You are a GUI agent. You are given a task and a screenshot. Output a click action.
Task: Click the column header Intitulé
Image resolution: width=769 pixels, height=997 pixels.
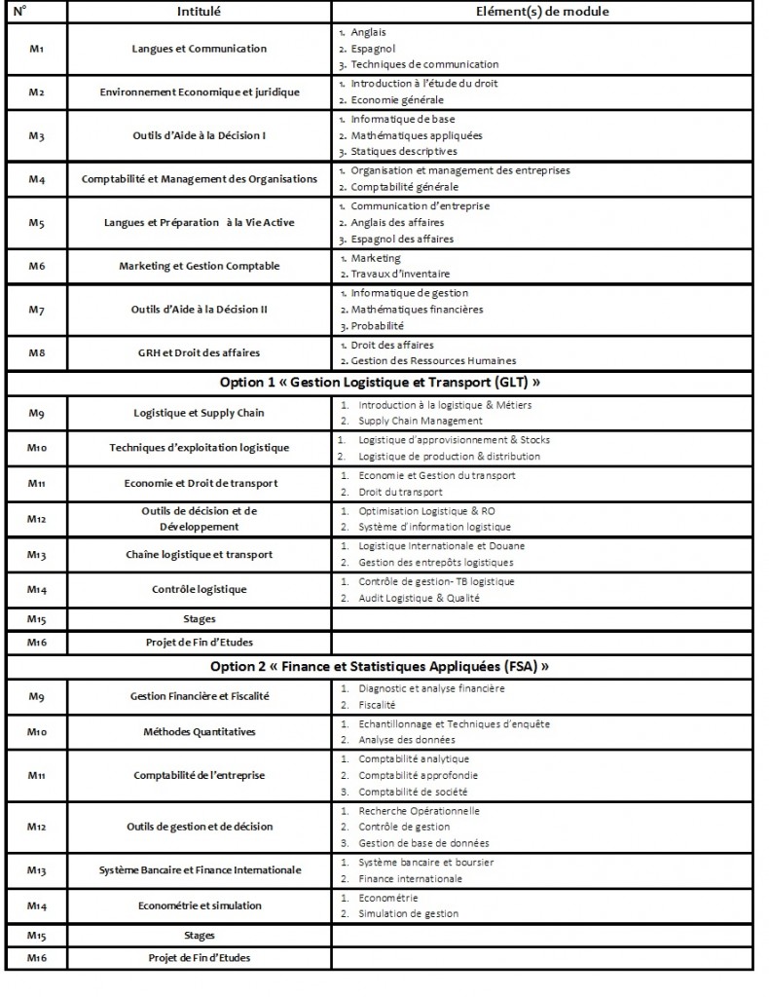click(198, 12)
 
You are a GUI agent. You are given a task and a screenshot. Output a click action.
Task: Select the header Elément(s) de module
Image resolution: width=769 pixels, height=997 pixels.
click(543, 12)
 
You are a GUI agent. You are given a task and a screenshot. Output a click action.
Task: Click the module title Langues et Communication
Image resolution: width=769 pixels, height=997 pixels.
click(199, 49)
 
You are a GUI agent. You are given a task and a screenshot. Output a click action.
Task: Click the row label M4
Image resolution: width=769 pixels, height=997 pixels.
click(37, 179)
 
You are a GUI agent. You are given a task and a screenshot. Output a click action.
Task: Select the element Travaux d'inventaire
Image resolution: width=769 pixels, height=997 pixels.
click(399, 274)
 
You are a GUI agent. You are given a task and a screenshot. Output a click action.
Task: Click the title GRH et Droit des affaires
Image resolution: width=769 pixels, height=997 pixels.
click(199, 352)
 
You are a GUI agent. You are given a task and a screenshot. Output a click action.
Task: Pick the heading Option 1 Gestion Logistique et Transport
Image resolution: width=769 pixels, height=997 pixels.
click(376, 381)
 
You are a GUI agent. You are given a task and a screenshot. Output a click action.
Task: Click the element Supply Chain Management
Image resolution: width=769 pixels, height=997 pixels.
click(420, 421)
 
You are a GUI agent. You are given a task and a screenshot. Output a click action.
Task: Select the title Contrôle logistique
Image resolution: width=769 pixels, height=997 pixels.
click(199, 590)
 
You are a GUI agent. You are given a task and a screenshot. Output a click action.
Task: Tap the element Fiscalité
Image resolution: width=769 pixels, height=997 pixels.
click(377, 704)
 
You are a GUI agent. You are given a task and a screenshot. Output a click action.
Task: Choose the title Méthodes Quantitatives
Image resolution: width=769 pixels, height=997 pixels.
click(199, 731)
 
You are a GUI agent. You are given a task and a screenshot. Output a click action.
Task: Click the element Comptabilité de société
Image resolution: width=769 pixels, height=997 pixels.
click(415, 793)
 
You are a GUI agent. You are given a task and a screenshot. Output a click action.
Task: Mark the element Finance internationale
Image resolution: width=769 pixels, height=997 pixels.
click(410, 878)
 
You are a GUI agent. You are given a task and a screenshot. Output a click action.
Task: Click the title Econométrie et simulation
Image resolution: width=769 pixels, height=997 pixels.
click(199, 905)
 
